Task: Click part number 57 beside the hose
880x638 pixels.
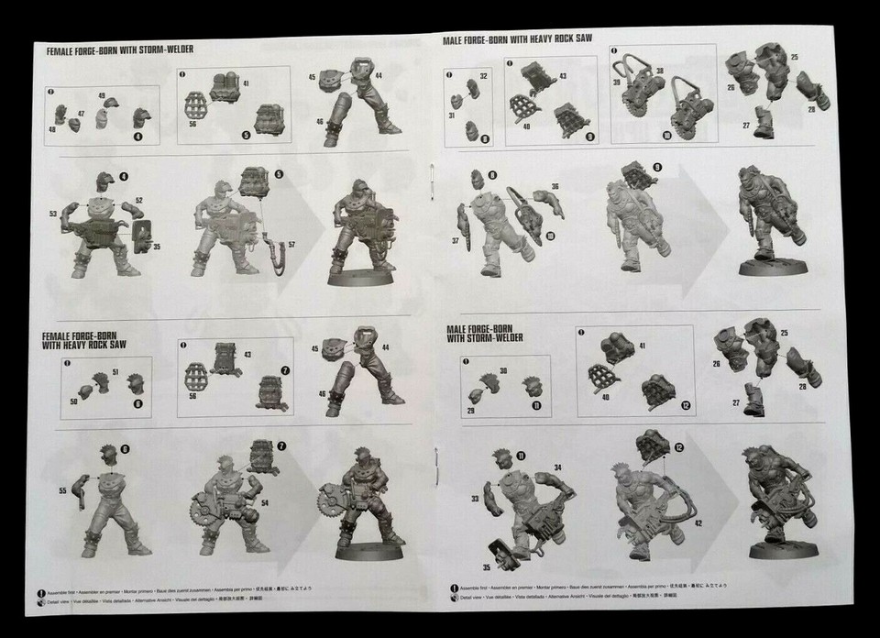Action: point(292,245)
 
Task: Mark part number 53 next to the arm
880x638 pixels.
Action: point(53,213)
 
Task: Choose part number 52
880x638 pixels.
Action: point(139,201)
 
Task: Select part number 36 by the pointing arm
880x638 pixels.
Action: point(555,186)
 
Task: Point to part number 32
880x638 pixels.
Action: point(483,72)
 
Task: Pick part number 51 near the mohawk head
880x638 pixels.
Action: point(115,370)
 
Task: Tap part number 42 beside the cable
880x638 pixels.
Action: point(699,522)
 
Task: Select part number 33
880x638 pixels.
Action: point(475,499)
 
